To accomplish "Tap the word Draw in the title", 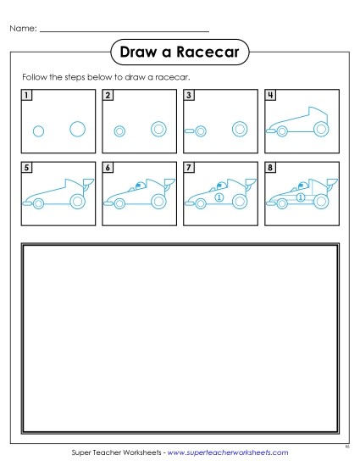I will click(138, 53).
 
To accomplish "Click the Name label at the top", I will click(23, 29).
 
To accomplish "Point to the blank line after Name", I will click(125, 31).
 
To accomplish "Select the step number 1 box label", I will click(27, 96).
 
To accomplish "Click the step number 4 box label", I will click(270, 96).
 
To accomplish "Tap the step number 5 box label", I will click(27, 169).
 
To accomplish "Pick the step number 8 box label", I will click(270, 169).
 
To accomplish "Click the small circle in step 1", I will click(38, 130).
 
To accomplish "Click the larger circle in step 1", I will click(77, 129).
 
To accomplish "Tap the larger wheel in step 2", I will click(158, 129).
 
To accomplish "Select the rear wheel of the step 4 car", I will click(320, 129).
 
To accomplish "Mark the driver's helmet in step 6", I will click(138, 186).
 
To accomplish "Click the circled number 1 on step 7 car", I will click(219, 197).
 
